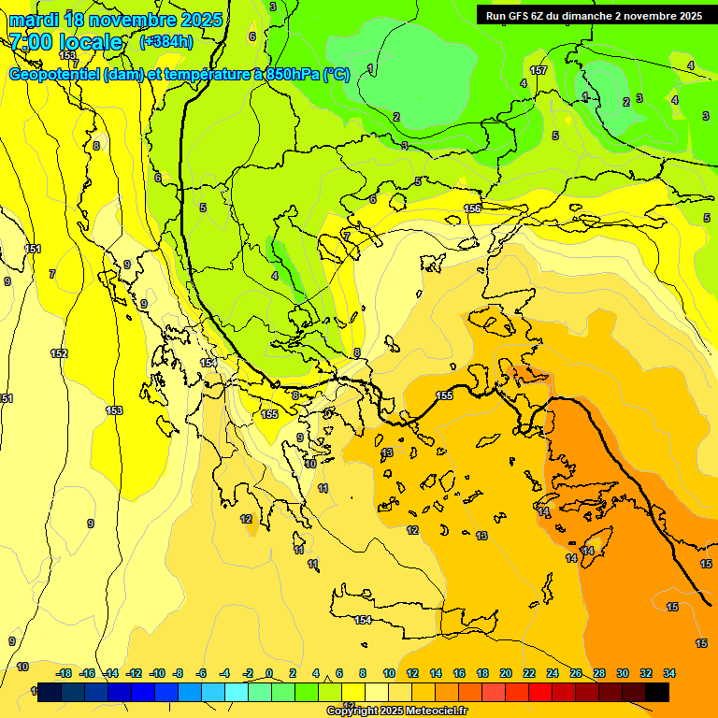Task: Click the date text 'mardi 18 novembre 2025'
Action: point(116,20)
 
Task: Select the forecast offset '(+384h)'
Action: point(166,42)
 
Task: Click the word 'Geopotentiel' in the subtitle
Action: point(53,75)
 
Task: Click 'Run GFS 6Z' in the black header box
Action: point(517,16)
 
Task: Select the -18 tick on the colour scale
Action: point(65,673)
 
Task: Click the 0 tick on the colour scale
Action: point(269,673)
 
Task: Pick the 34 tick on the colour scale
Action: point(669,673)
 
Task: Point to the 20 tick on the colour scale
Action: point(506,673)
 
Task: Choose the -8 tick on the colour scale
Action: point(178,673)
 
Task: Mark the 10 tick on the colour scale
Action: point(389,673)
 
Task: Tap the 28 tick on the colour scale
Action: point(599,673)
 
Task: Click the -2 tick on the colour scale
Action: point(247,673)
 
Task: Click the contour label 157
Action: point(538,70)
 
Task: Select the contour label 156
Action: point(472,208)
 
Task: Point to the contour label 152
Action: point(59,353)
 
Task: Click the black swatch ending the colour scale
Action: point(657,692)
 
